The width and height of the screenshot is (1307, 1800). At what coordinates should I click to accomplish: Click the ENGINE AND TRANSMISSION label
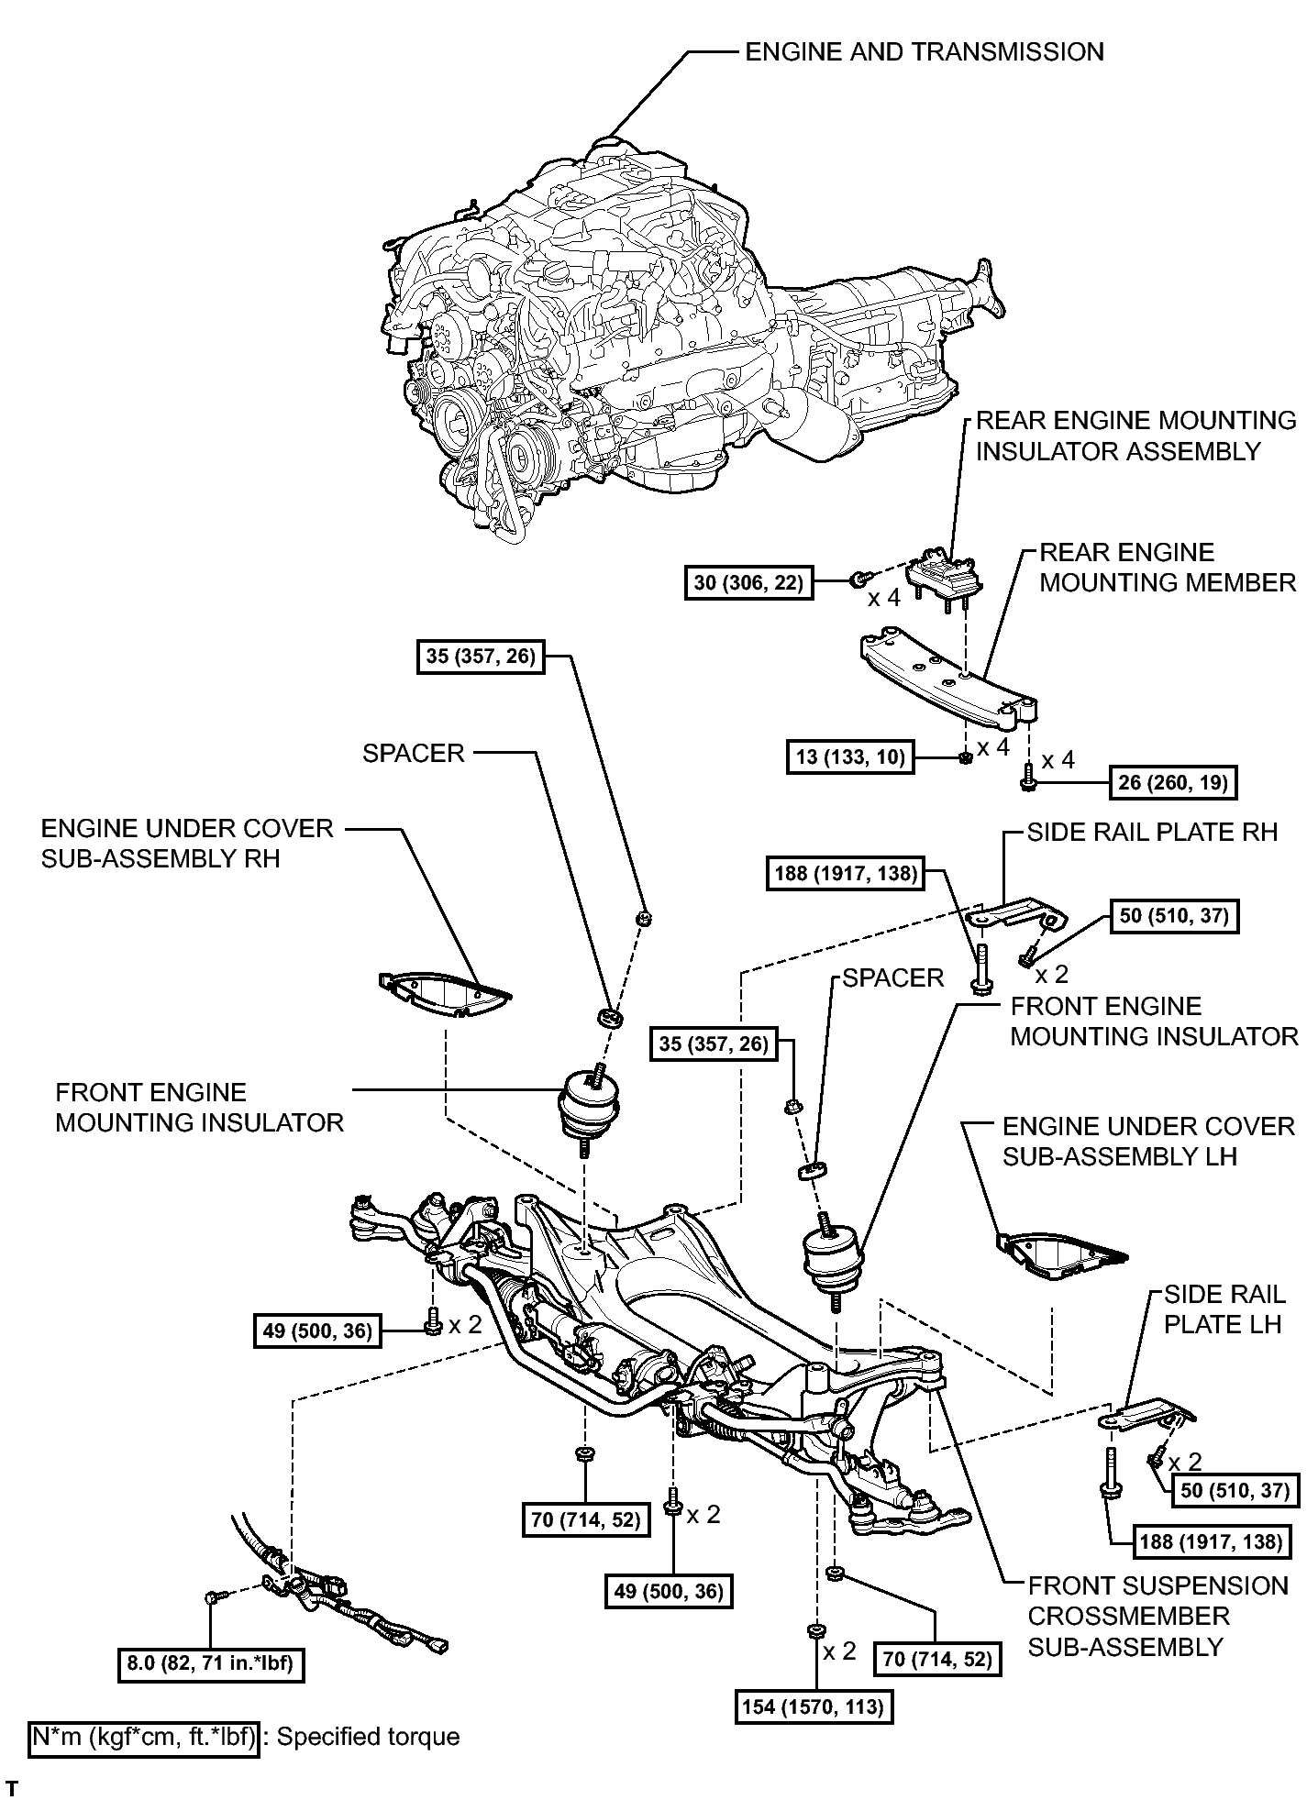[924, 51]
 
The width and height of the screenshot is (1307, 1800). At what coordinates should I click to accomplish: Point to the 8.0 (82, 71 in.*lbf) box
[211, 1662]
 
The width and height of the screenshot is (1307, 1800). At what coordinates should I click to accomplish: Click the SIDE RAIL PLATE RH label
[1152, 832]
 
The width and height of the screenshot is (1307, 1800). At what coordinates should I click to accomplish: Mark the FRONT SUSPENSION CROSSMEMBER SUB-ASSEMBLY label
[1157, 1616]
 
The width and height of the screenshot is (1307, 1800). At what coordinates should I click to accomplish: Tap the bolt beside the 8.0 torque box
[213, 1597]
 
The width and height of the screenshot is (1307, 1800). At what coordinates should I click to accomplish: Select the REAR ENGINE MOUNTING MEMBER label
[1167, 567]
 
